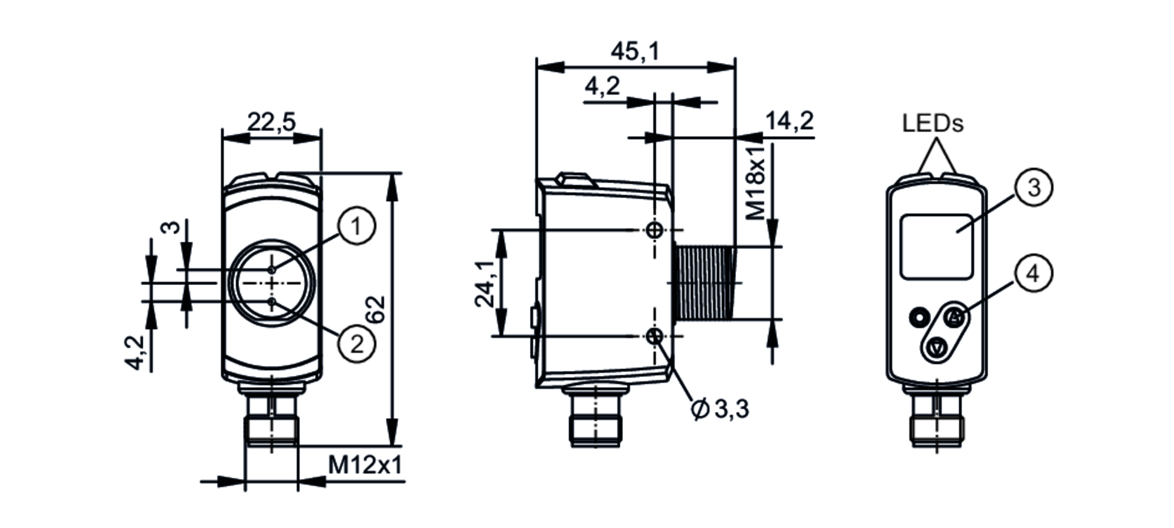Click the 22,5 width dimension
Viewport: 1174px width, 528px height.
pos(271,122)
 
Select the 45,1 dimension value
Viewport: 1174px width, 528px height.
pos(635,52)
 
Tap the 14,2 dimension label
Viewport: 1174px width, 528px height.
pos(790,121)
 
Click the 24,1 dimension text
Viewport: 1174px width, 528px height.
pos(485,284)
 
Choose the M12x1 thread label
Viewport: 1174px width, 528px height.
pos(365,466)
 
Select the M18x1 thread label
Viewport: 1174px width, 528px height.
pos(757,182)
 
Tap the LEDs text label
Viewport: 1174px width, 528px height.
pos(933,124)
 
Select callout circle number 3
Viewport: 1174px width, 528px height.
pos(1034,188)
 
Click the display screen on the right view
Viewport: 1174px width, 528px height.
pos(936,246)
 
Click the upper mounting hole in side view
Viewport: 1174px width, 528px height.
pos(654,230)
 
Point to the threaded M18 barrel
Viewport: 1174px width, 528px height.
pos(704,283)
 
